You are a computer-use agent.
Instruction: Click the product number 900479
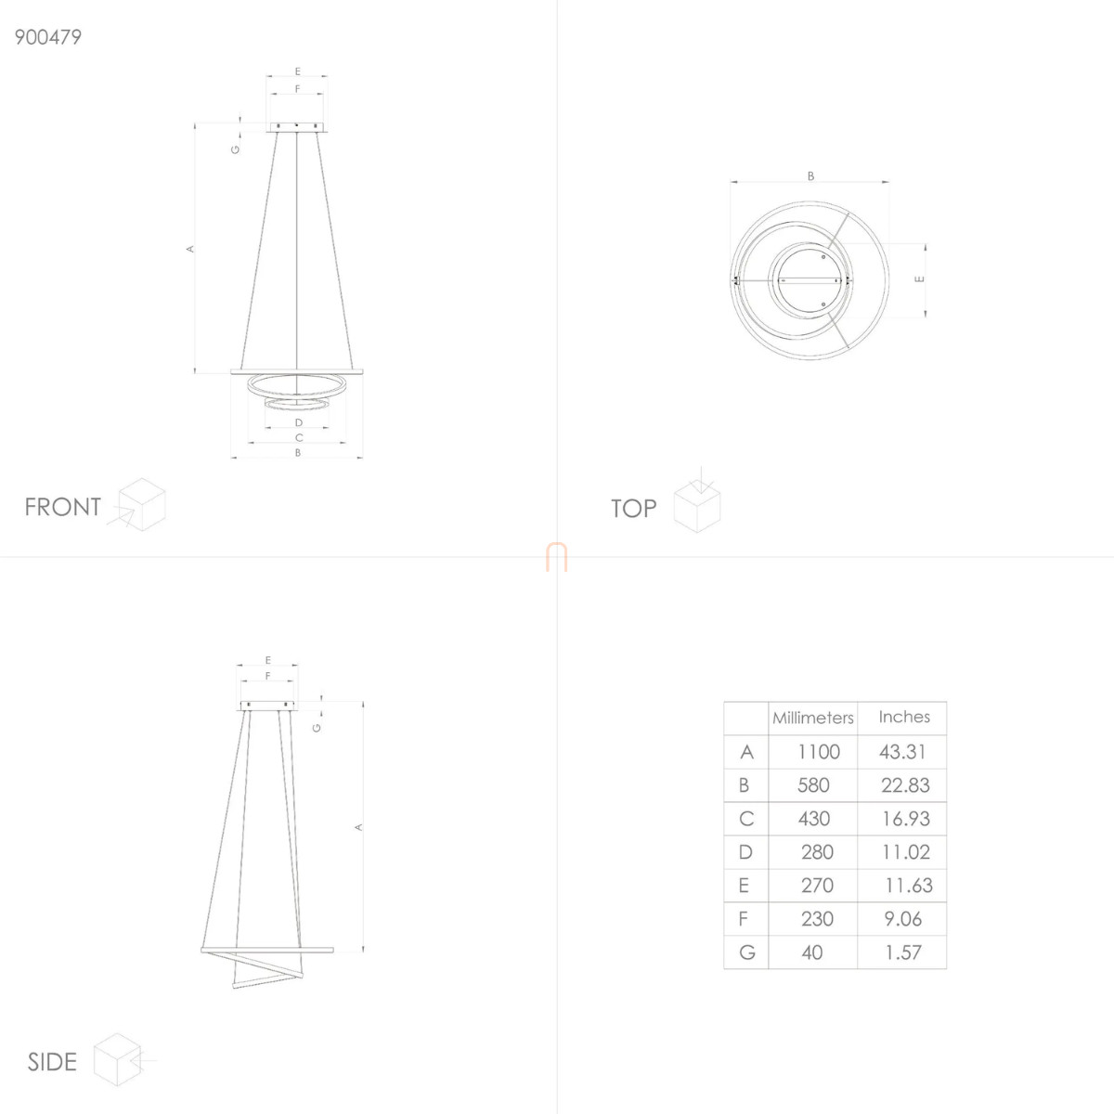pyautogui.click(x=48, y=37)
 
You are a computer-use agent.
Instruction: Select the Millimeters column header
pyautogui.click(x=813, y=718)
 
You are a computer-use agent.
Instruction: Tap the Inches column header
pyautogui.click(x=904, y=717)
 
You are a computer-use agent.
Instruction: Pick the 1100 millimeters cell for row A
pyautogui.click(x=819, y=752)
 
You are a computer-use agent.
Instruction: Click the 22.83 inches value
pyautogui.click(x=905, y=785)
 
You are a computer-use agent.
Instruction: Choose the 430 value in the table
pyautogui.click(x=814, y=819)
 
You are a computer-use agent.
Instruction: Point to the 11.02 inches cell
pyautogui.click(x=906, y=852)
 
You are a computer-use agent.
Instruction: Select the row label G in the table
pyautogui.click(x=747, y=952)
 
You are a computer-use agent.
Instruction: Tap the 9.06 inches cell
pyautogui.click(x=903, y=919)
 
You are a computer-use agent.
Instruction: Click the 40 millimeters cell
pyautogui.click(x=812, y=952)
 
